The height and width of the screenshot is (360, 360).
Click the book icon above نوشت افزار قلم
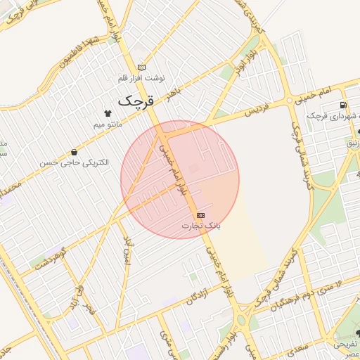click(142, 66)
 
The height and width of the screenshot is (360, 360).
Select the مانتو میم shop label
click(108, 124)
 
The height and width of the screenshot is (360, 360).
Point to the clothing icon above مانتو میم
click(108, 112)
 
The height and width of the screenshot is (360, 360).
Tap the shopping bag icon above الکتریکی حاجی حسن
click(75, 152)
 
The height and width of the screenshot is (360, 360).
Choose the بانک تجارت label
click(201, 226)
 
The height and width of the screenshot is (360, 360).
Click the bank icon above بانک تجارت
click(201, 214)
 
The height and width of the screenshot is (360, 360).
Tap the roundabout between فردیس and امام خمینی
click(289, 101)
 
